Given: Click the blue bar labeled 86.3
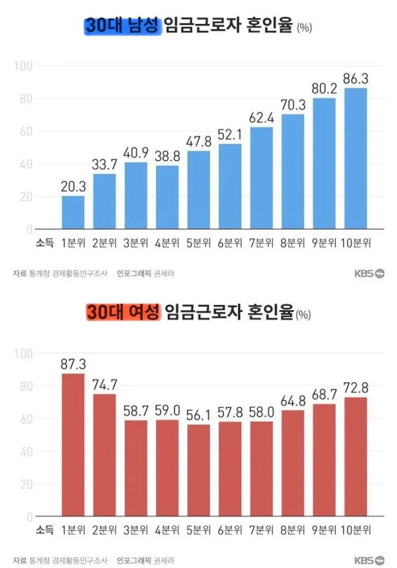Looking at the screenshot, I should (356, 159).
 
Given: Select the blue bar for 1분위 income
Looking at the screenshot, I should (73, 213).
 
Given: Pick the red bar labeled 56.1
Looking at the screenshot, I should (198, 470).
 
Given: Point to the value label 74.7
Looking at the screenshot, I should (104, 386).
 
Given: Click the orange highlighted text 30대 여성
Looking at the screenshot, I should (122, 313).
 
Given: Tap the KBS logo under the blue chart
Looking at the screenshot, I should (369, 274).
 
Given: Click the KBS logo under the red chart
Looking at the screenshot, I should (369, 561).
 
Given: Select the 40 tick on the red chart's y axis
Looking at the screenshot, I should (26, 451).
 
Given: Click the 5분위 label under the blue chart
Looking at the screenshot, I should (198, 243).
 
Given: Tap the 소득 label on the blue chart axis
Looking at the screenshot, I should (44, 243).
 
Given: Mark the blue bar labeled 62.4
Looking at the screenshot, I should (261, 178).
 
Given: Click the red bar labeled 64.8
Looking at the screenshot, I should (293, 463).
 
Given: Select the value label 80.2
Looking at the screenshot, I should (324, 90).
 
